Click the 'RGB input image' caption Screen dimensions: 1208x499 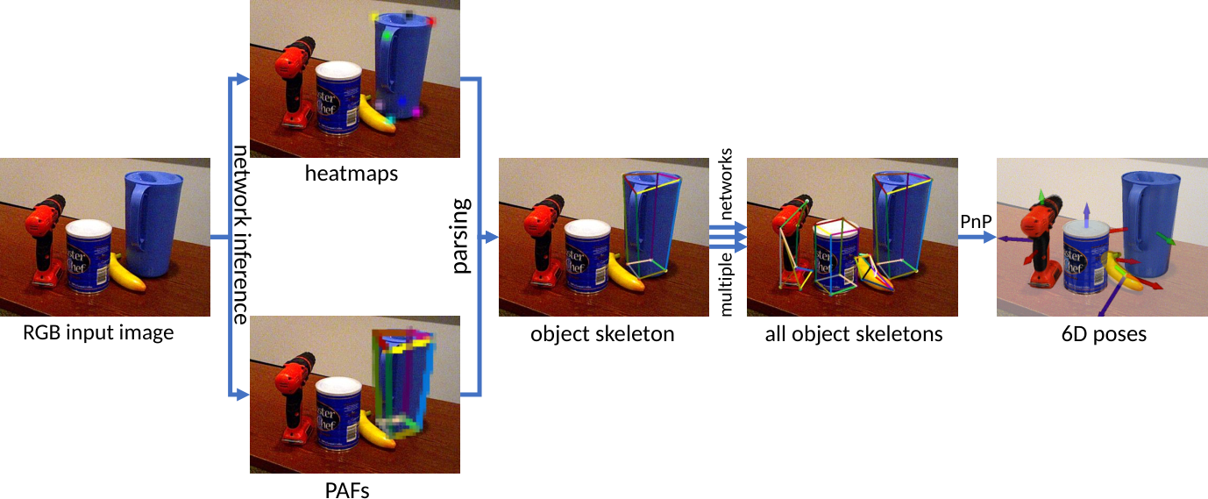click(x=98, y=333)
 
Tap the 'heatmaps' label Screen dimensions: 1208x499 click(x=352, y=174)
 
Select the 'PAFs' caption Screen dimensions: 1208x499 click(x=347, y=490)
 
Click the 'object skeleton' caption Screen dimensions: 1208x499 click(x=602, y=334)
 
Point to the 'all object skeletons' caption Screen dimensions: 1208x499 click(x=854, y=334)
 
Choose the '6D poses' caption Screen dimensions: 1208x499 click(x=1104, y=334)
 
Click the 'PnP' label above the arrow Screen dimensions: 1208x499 click(x=976, y=221)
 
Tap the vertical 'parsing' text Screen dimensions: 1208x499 click(x=462, y=236)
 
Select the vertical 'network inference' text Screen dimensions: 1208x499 click(x=240, y=235)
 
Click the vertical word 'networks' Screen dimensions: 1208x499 click(x=727, y=183)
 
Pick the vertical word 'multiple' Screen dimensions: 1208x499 click(x=727, y=284)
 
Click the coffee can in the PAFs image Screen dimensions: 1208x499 click(x=338, y=414)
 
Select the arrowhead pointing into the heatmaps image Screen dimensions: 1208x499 click(x=242, y=79)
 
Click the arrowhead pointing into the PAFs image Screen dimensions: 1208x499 click(x=242, y=395)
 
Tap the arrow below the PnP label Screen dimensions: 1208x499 click(x=977, y=237)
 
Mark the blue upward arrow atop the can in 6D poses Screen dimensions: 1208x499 click(x=1087, y=214)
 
